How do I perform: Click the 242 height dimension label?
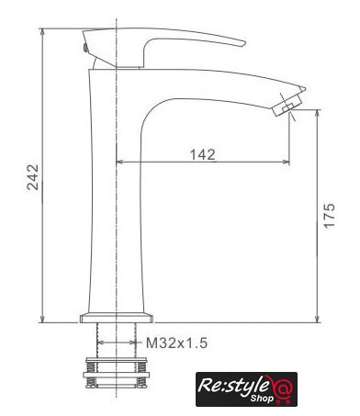[33, 177]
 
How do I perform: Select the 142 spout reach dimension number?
[203, 154]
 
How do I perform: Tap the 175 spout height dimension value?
[330, 215]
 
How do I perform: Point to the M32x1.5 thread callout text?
[177, 343]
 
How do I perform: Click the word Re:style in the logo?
[233, 385]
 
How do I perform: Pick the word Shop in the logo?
[262, 399]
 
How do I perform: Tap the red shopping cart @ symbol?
[282, 388]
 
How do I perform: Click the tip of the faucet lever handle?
[244, 43]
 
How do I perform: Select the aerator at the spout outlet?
[287, 105]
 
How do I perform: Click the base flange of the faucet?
[117, 318]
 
